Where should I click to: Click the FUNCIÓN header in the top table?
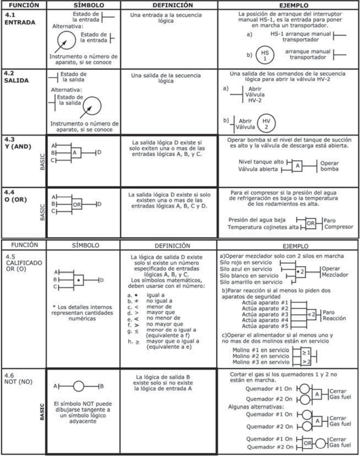point(23,6)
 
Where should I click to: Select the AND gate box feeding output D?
point(76,152)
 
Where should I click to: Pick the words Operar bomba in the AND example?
point(330,166)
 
